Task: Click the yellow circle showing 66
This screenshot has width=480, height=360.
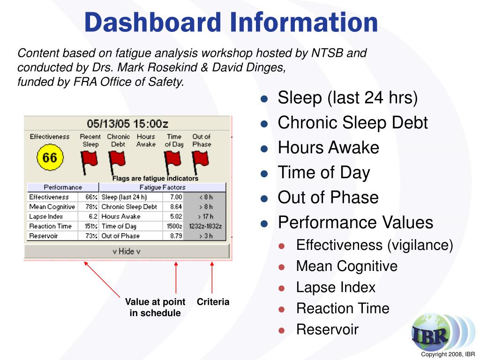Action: pyautogui.click(x=49, y=158)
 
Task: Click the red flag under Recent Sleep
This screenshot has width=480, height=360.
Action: pyautogui.click(x=90, y=161)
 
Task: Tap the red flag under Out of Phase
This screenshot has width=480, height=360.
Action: pyautogui.click(x=201, y=161)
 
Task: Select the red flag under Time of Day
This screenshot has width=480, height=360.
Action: pyautogui.click(x=173, y=161)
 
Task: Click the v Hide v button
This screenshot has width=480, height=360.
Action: pyautogui.click(x=127, y=251)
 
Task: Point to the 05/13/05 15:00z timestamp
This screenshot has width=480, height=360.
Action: pyautogui.click(x=127, y=124)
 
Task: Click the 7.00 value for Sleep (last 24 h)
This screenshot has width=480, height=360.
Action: pyautogui.click(x=176, y=197)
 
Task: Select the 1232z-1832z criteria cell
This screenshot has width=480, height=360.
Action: pyautogui.click(x=204, y=226)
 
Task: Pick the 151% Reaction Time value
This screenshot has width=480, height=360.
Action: pyautogui.click(x=90, y=226)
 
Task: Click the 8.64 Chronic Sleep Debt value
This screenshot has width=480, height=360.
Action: pyautogui.click(x=176, y=207)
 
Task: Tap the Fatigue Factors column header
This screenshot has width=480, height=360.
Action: pyautogui.click(x=162, y=187)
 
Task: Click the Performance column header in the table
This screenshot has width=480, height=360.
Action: pyautogui.click(x=63, y=187)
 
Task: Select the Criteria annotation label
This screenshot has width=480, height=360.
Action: pyautogui.click(x=213, y=302)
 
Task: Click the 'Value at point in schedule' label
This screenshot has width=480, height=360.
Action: pyautogui.click(x=155, y=307)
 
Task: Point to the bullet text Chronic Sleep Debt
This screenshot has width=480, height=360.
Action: pyautogui.click(x=352, y=123)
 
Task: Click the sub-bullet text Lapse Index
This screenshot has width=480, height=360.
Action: pyautogui.click(x=336, y=287)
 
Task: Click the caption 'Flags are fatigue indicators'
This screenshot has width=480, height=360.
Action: pyautogui.click(x=155, y=179)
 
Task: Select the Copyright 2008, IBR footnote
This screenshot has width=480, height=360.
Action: pyautogui.click(x=448, y=354)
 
